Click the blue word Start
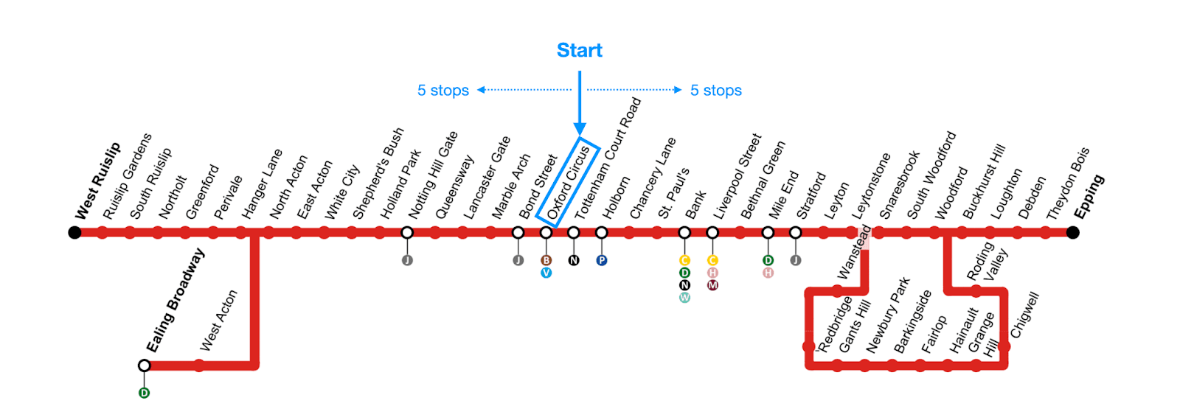tap(579, 50)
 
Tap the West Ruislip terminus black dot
tap(74, 233)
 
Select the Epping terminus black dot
tap(1072, 233)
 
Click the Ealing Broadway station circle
tap(144, 366)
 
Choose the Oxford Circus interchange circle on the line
tap(546, 233)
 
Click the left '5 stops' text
tap(442, 91)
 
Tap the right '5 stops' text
tap(715, 91)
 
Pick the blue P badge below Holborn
tap(602, 260)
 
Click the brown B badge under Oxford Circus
tap(546, 260)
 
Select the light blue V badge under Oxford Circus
tap(546, 273)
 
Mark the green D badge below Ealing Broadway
tap(144, 393)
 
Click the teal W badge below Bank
tap(684, 298)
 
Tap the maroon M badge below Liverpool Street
tap(712, 285)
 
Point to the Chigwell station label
tap(1025, 315)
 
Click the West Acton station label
tap(219, 321)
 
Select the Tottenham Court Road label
tap(608, 158)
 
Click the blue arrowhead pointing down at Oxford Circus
tap(580, 130)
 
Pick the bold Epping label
tap(1089, 197)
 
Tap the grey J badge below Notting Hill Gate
tap(407, 260)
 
